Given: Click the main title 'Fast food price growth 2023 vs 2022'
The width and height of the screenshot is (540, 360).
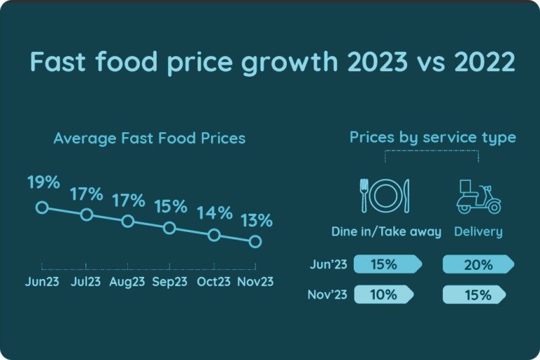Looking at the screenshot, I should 272,63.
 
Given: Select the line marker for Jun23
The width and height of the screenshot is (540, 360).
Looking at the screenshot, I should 41,207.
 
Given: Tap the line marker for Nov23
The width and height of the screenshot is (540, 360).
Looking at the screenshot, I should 255,242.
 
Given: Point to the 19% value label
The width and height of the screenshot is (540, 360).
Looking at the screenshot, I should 44,183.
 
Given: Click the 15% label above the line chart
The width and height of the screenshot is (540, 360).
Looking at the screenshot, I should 170,207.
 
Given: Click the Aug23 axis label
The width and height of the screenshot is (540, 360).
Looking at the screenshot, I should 127,281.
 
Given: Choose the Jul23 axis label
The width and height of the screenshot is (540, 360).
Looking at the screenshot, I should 85,281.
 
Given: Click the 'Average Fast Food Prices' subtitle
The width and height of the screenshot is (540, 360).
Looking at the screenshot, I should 149,138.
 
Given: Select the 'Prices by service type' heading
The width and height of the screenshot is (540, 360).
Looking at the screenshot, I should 432,137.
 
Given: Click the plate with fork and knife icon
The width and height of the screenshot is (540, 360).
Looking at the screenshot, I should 385,195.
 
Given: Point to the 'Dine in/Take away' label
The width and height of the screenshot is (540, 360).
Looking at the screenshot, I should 386,232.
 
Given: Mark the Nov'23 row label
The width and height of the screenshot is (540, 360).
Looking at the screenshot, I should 326,295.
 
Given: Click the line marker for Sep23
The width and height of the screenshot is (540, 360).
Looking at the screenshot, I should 169,228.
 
